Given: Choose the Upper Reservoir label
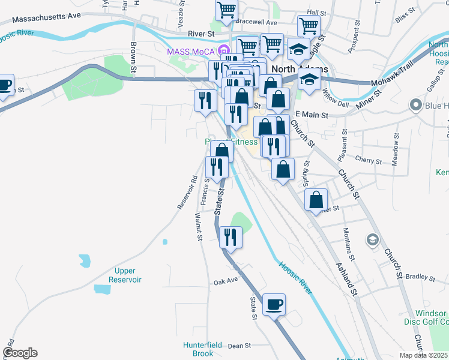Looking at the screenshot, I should (125, 275).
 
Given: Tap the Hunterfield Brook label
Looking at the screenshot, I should (203, 349).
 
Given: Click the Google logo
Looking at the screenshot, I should (19, 353).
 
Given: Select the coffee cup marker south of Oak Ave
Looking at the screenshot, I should (274, 305).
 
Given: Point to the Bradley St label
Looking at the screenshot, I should (420, 278).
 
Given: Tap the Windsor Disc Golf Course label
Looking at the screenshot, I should (431, 318).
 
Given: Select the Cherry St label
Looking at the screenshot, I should (369, 161).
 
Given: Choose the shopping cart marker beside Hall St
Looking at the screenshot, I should (309, 26).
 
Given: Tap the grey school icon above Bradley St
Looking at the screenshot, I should (373, 240).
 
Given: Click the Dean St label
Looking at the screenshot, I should (239, 346).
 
